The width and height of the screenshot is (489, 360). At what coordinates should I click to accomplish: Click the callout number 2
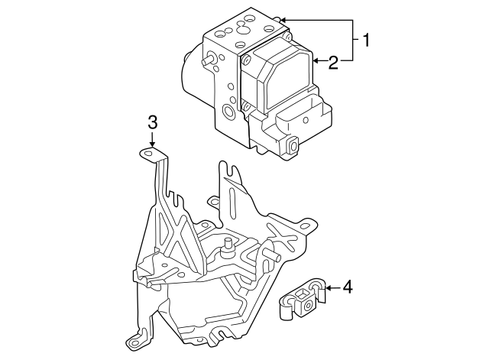coord(332,63)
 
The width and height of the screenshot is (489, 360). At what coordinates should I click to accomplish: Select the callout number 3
coord(152,122)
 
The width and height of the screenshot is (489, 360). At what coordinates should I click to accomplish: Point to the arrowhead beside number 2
coord(315,60)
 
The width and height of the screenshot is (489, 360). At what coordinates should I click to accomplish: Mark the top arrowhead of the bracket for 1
coord(282,20)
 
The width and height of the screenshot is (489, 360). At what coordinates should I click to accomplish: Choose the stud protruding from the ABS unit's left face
coord(207,59)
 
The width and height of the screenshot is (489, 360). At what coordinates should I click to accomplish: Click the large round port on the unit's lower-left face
coord(228,113)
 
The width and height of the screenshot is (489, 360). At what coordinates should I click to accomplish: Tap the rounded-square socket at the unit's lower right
coord(291,144)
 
